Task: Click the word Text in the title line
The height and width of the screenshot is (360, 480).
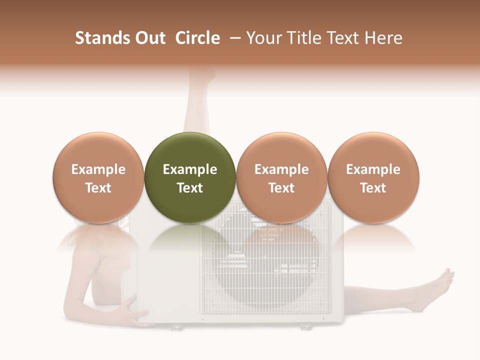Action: tap(343, 38)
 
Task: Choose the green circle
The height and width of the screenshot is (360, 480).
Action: tap(190, 177)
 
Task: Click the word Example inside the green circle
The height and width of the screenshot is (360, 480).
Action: tap(190, 169)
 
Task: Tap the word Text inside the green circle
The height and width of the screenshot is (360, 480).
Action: tap(190, 188)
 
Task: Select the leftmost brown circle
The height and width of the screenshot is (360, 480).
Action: tap(98, 177)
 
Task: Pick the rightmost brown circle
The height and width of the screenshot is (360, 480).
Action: tap(373, 177)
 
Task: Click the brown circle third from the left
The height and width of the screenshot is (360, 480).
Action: tap(281, 177)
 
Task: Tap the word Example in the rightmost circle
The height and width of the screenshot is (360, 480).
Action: tap(373, 169)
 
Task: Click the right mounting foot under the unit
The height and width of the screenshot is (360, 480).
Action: tap(305, 327)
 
